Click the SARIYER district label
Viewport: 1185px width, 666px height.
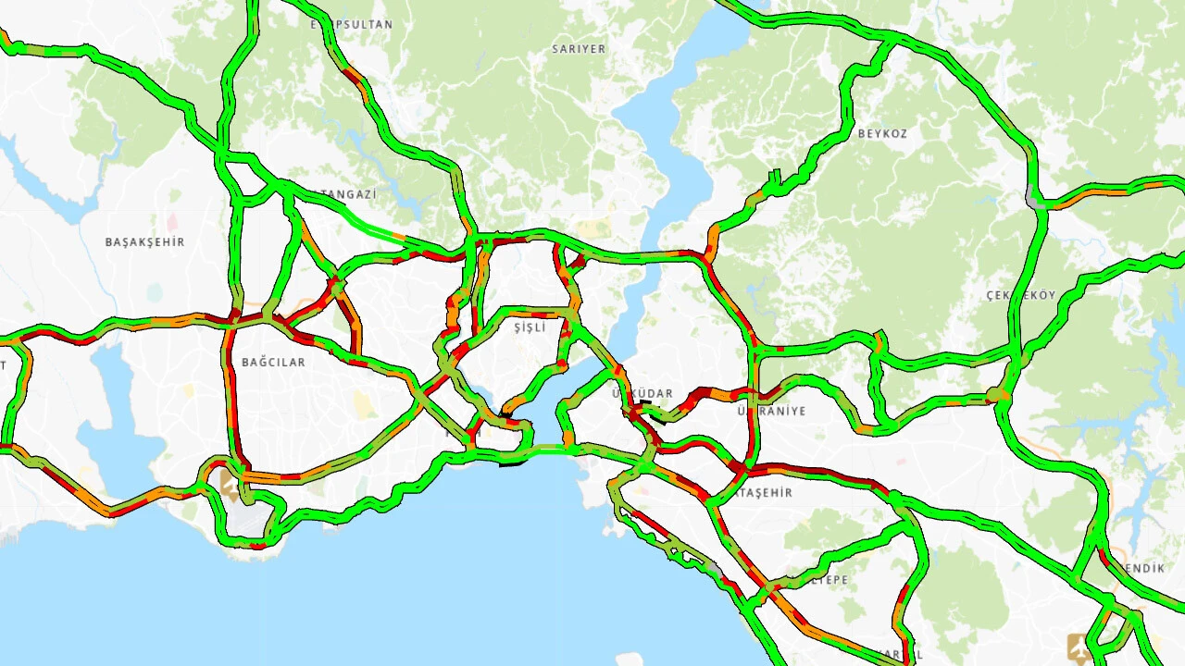click(x=579, y=49)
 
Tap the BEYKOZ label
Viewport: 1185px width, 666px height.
click(x=882, y=134)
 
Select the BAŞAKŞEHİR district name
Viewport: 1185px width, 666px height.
click(x=144, y=242)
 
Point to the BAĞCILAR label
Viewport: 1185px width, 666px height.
click(x=273, y=363)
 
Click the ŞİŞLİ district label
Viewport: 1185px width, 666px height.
click(x=530, y=327)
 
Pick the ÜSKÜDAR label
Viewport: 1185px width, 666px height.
click(x=643, y=394)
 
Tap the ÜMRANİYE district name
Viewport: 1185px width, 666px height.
click(x=772, y=411)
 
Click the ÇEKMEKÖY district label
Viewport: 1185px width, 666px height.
click(x=1021, y=296)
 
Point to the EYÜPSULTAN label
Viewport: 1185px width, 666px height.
click(x=352, y=25)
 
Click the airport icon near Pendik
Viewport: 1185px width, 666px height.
click(x=1078, y=646)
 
